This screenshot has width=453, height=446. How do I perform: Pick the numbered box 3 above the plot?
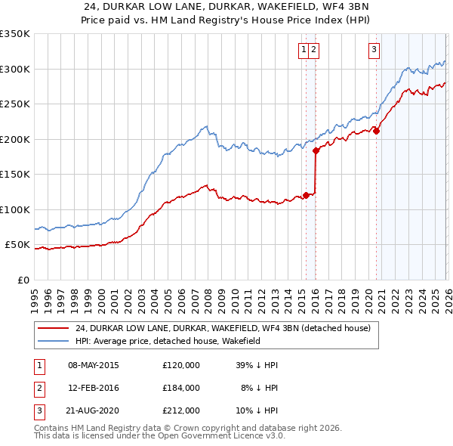374,51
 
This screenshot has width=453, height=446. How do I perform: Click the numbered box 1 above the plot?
304,51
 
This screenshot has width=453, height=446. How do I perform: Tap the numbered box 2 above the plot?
313,51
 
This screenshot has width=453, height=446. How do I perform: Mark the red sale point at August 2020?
376,131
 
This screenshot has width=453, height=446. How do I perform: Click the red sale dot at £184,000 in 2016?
316,150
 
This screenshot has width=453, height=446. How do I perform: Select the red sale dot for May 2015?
306,195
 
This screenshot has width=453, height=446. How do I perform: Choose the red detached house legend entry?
222,329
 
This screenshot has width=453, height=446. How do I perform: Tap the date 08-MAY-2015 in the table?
93,365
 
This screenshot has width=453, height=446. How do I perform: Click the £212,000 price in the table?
181,410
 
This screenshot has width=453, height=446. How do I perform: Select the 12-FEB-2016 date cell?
93,388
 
